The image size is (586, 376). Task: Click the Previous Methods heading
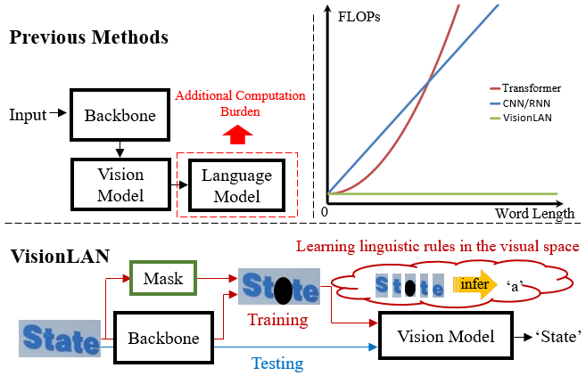89,38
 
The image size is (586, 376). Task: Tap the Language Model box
237,184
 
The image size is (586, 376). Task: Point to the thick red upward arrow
237,135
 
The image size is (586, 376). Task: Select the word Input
29,115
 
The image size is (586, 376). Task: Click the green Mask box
164,278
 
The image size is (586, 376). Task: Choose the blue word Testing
277,364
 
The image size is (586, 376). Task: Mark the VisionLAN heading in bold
61,257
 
